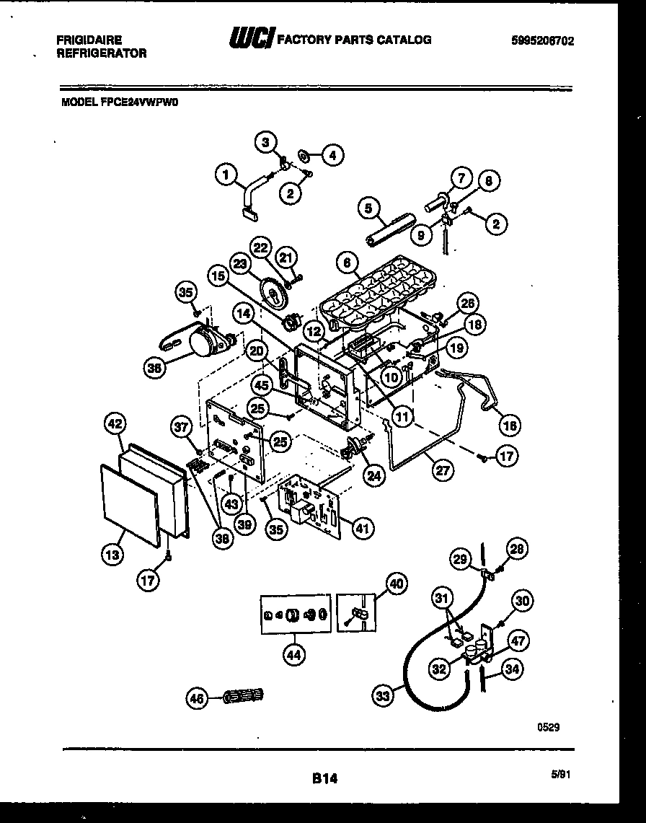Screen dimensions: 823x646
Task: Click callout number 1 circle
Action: [x=226, y=173]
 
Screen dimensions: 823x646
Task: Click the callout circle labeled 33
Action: [x=384, y=696]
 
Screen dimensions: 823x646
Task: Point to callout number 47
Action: [x=519, y=641]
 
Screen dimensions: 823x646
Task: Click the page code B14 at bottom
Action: [x=324, y=779]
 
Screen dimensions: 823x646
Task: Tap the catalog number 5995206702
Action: [x=542, y=41]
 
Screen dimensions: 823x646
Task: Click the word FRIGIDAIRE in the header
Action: [x=89, y=40]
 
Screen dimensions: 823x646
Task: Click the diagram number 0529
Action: [x=548, y=729]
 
